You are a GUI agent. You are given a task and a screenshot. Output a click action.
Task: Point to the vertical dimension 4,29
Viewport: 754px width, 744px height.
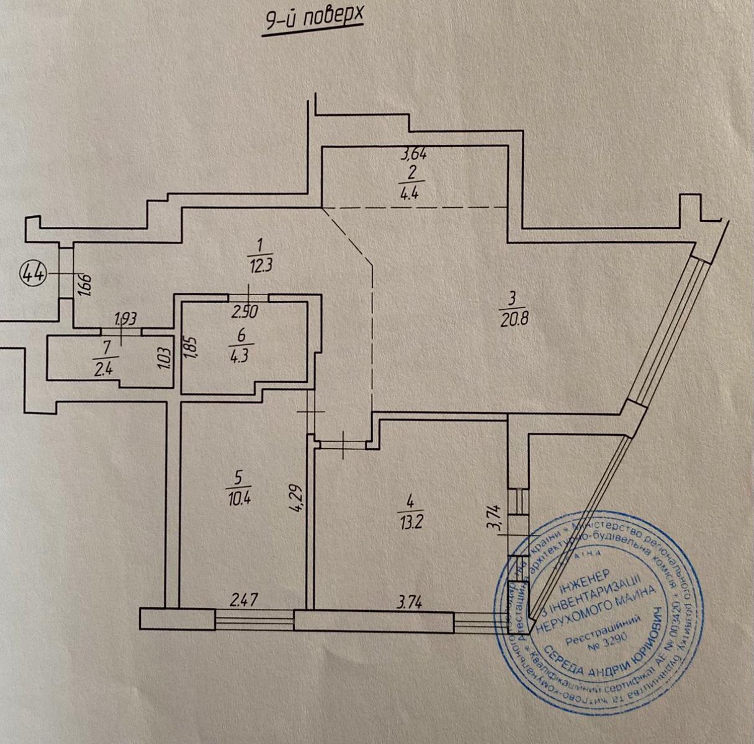298,496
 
